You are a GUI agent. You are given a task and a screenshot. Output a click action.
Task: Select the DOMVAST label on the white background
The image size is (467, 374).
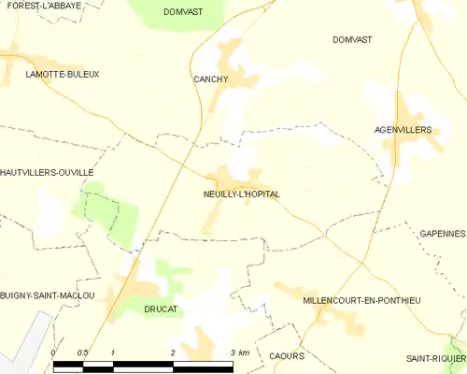(x=352, y=39)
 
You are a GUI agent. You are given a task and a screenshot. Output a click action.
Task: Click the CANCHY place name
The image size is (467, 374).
(x=210, y=79)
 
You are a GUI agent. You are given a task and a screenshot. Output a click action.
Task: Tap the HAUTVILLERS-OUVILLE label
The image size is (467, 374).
(x=47, y=173)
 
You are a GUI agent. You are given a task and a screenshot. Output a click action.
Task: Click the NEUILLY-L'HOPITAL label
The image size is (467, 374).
(x=241, y=194)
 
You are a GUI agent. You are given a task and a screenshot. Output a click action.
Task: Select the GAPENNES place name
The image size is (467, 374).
(x=442, y=233)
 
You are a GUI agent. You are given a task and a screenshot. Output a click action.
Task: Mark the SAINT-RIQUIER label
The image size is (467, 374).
(x=435, y=358)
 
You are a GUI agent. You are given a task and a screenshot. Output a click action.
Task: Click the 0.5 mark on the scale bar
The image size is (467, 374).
(x=82, y=352)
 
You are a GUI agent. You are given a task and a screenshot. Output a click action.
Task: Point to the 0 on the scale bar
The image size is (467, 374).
(x=54, y=352)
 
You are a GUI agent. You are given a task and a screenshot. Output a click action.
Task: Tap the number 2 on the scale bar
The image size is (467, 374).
(x=173, y=352)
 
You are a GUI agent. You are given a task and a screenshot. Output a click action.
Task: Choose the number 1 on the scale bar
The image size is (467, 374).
(x=112, y=352)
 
